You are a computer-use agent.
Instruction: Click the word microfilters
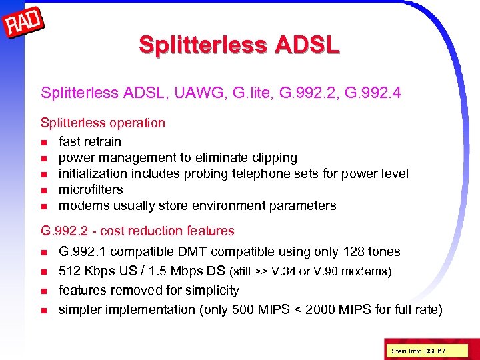[x=91, y=190]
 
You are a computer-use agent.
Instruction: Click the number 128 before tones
[x=354, y=252]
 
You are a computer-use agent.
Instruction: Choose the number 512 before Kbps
[x=70, y=271]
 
